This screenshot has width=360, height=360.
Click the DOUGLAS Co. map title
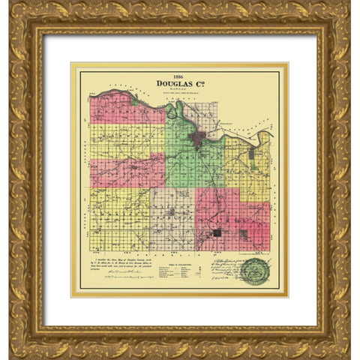178,84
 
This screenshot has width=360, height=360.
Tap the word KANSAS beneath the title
178,91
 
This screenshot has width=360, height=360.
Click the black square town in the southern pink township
217,233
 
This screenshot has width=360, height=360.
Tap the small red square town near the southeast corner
243,234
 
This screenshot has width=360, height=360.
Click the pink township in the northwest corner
120,109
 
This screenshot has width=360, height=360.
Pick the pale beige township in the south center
172,217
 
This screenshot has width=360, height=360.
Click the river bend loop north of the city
174,112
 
